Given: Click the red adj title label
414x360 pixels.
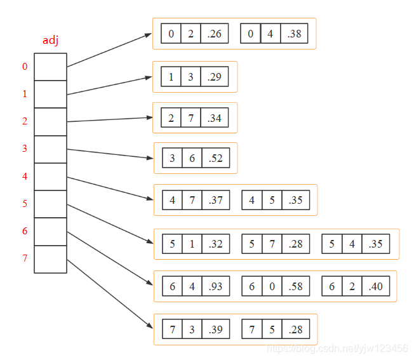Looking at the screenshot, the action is click(x=50, y=41).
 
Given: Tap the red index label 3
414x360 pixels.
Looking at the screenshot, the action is click(x=25, y=149).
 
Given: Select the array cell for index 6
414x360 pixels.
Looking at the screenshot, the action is click(x=50, y=231).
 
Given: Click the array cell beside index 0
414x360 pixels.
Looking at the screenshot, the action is click(x=50, y=67).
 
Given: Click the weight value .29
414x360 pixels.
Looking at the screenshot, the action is click(x=214, y=77).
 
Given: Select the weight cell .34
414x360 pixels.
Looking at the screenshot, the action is click(x=214, y=118).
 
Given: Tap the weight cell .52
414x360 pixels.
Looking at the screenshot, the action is click(x=215, y=158).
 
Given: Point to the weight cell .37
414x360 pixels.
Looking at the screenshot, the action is click(x=216, y=200).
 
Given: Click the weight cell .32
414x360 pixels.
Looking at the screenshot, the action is click(x=216, y=244).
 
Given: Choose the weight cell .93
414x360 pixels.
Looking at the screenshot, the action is click(x=216, y=286).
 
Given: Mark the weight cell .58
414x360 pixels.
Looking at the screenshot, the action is click(x=295, y=286).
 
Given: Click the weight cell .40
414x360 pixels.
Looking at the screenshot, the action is click(x=375, y=286).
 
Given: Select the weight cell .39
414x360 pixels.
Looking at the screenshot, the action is click(x=216, y=330).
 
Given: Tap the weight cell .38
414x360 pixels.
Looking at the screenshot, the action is click(x=295, y=34).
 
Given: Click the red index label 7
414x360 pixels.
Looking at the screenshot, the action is click(x=25, y=258).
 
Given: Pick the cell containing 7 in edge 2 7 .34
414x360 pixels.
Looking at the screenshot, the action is click(x=190, y=118).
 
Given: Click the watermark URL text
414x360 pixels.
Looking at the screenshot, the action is click(x=337, y=348).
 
